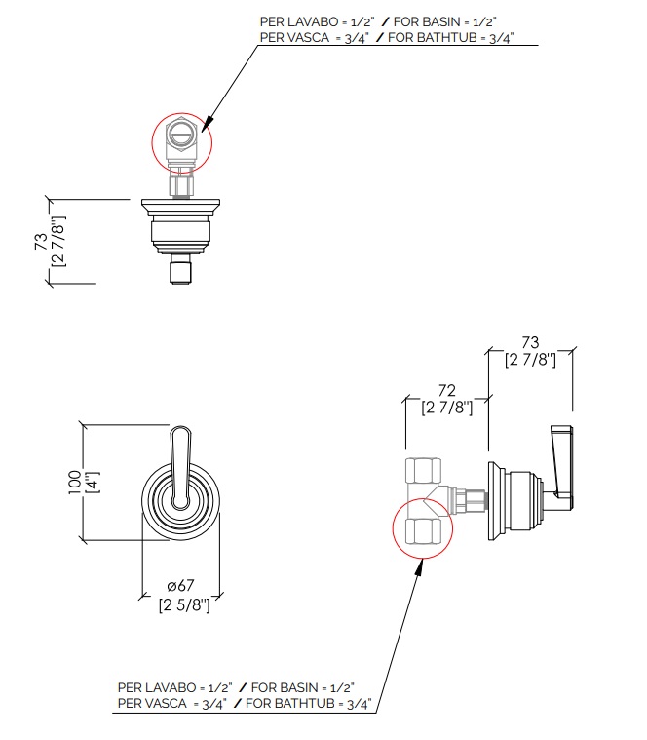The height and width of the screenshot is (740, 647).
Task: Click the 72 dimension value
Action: pos(446,391)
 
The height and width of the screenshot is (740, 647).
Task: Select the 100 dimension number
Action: pos(75,482)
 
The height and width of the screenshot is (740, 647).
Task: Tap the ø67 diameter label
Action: pos(180,586)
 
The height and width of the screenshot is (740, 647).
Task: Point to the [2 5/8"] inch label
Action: pos(184,604)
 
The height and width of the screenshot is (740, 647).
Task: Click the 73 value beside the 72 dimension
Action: pos(530,342)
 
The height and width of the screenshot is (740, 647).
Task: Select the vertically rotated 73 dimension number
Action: pos(41,241)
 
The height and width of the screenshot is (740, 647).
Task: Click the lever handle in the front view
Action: pos(180,468)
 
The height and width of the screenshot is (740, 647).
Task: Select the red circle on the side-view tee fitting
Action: pos(393,528)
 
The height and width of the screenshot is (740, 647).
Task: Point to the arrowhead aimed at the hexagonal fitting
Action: pos(206,125)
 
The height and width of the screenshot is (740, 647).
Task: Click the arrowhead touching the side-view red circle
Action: pos(418,567)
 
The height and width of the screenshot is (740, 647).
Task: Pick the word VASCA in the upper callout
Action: pos(308,37)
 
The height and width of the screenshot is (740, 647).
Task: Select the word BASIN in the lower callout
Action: pos(294,687)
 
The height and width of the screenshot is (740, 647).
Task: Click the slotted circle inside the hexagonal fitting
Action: pos(181,135)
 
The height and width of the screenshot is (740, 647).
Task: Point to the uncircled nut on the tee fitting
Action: pos(424,470)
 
